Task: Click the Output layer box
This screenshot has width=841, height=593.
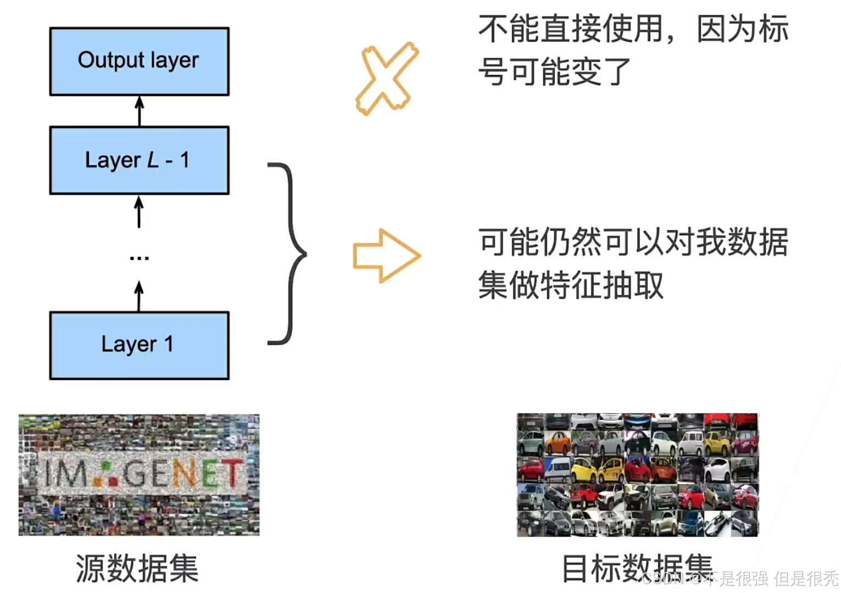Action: [x=139, y=61]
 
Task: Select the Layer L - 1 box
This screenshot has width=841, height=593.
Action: [x=139, y=160]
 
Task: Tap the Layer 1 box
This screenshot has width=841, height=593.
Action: [x=139, y=345]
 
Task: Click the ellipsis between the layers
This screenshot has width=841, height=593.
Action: [x=139, y=257]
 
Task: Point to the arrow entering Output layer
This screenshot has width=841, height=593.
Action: [x=140, y=110]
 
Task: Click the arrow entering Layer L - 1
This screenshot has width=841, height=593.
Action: [x=139, y=212]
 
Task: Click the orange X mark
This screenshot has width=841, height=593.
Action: [x=386, y=78]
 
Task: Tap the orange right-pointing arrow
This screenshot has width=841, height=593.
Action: [x=386, y=256]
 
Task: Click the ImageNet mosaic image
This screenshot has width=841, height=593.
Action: [x=139, y=475]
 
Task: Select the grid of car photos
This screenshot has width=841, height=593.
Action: [x=637, y=475]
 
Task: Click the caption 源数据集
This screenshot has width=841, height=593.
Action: [x=137, y=568]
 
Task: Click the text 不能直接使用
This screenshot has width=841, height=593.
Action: [x=571, y=29]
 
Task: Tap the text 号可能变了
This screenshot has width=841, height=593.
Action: [x=554, y=71]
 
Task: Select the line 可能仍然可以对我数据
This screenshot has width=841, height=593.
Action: [x=633, y=242]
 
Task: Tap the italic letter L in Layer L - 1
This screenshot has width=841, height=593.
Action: [x=153, y=160]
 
